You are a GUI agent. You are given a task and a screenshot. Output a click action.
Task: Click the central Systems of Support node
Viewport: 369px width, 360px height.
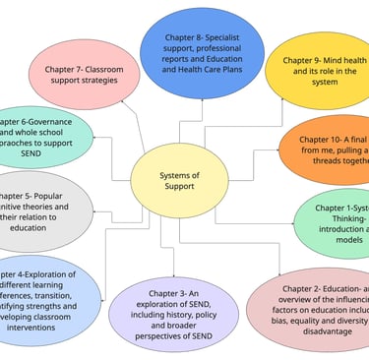click(x=180, y=182)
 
